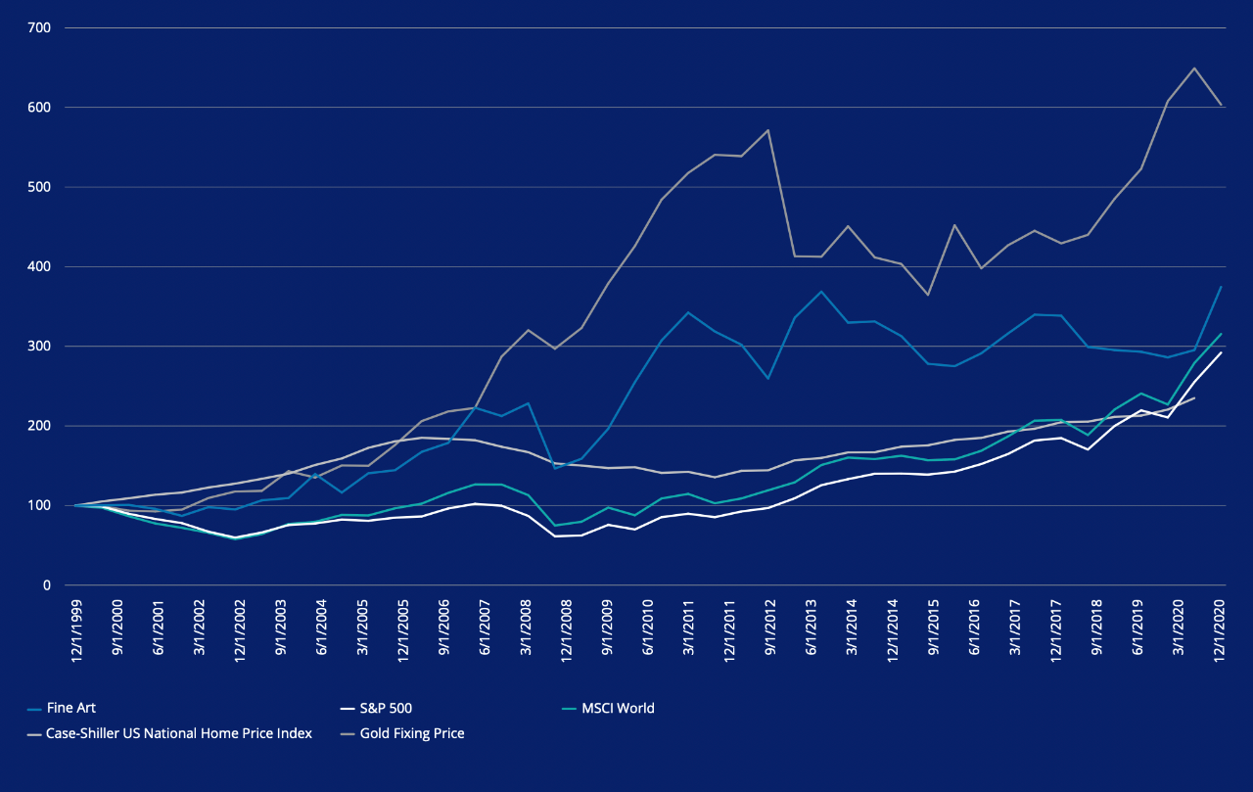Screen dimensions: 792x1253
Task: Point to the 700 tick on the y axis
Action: [x=39, y=28]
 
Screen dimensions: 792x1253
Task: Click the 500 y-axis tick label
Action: [x=39, y=187]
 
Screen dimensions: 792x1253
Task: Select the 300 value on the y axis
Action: [x=39, y=347]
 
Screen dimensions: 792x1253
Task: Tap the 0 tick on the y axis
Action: [x=46, y=585]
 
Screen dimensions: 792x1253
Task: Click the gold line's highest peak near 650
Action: [x=1194, y=69]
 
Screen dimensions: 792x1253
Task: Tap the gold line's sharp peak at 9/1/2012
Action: [x=768, y=130]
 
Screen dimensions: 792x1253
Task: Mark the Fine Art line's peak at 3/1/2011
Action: [x=688, y=312]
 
